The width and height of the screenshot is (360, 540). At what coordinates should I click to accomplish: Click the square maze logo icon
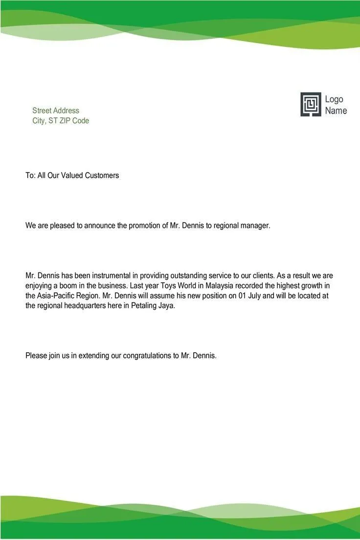click(x=311, y=104)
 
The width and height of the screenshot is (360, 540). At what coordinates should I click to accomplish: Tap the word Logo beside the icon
click(x=334, y=99)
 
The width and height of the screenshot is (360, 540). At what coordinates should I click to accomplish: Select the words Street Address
click(x=55, y=111)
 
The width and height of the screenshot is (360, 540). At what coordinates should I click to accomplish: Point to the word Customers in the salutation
click(x=102, y=175)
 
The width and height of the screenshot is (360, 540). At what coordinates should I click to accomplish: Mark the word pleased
click(x=63, y=226)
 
